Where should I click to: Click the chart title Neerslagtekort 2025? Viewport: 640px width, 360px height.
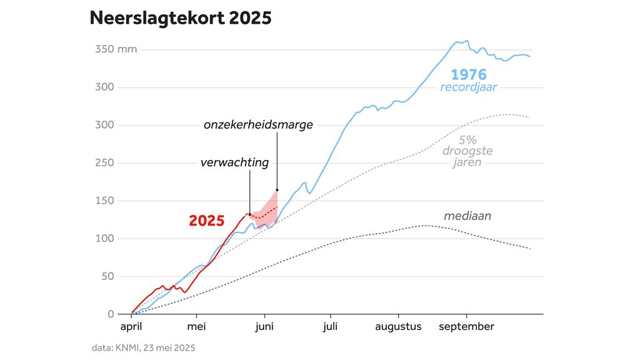[181, 18]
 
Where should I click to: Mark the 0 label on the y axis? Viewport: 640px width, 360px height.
[111, 314]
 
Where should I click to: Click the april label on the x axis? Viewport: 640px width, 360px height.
[131, 327]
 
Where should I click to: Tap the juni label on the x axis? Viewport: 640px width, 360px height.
[264, 327]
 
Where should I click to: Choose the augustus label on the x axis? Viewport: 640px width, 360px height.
[399, 327]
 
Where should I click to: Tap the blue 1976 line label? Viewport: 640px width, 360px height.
[468, 74]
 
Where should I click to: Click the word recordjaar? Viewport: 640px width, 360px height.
[469, 87]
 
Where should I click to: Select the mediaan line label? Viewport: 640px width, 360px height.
[467, 216]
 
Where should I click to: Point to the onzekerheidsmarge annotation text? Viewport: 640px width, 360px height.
[258, 125]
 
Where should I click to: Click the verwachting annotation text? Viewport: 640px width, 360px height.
[234, 163]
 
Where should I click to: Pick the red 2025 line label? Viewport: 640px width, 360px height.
[207, 221]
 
